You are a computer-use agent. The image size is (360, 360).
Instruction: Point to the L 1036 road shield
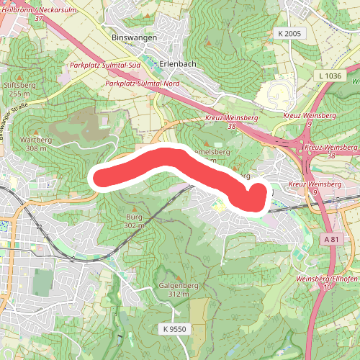point(329,75)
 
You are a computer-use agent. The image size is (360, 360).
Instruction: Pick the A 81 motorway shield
point(331,239)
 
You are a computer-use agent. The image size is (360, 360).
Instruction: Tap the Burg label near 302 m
point(135,217)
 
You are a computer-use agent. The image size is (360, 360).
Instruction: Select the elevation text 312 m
point(177,294)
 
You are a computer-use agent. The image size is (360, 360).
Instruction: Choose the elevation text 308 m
point(35,148)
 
